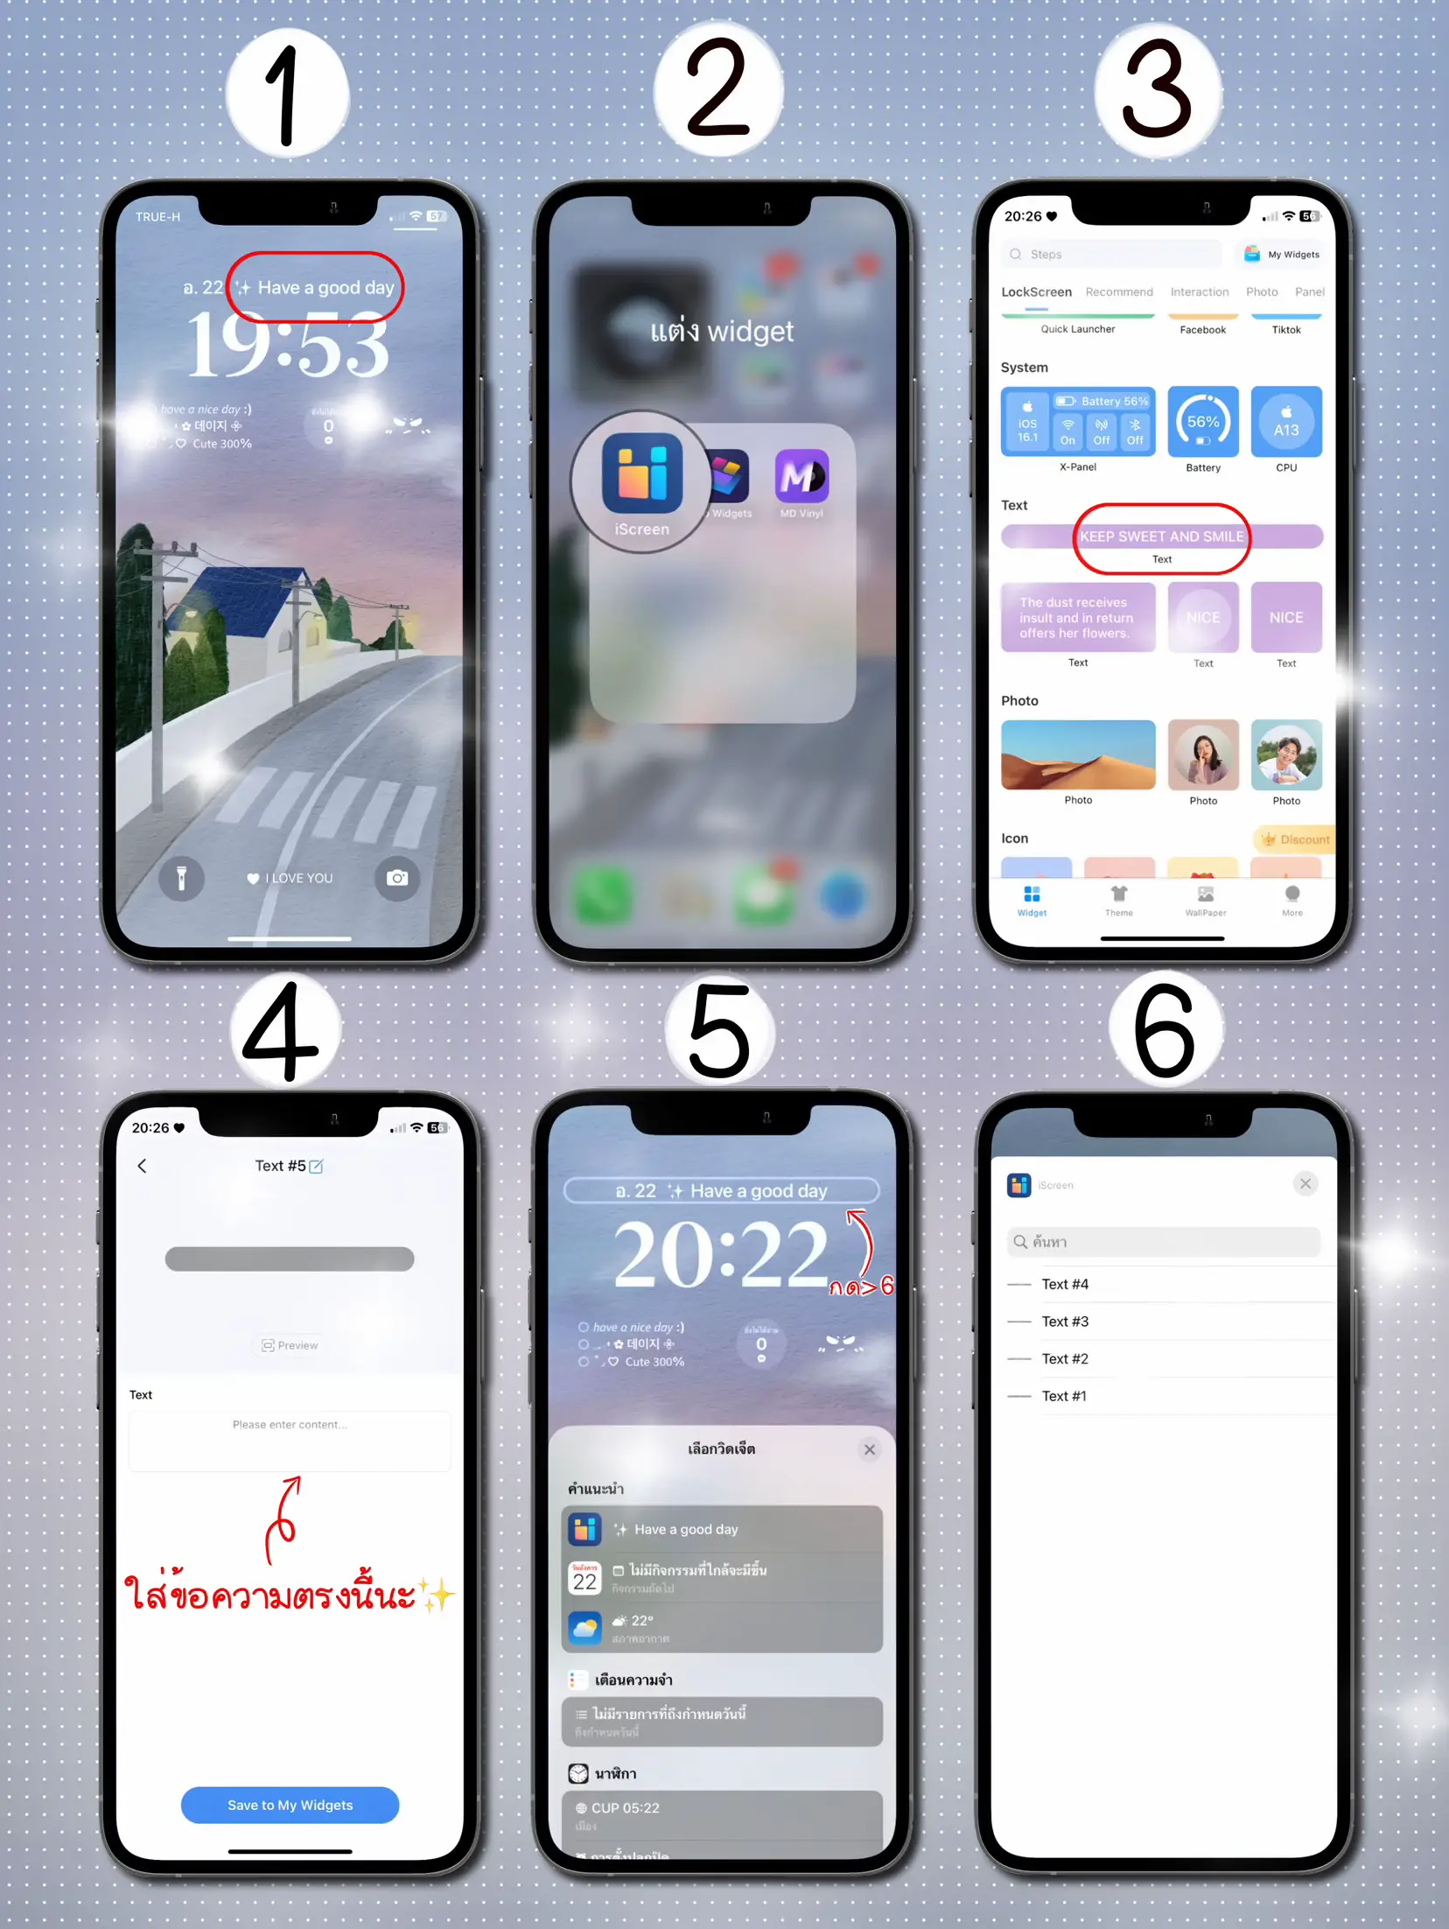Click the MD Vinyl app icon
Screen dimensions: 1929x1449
click(801, 477)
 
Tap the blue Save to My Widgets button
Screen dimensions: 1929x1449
click(290, 1805)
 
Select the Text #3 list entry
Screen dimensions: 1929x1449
click(1065, 1322)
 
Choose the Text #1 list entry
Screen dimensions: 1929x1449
click(1064, 1396)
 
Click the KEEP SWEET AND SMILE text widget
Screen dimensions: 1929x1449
click(1161, 537)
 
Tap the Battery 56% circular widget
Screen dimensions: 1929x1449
click(1203, 423)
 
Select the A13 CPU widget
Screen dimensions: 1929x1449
click(1285, 423)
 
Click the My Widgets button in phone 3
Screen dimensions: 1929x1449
click(1282, 255)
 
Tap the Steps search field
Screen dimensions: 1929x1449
click(1111, 255)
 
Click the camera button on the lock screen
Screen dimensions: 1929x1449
click(397, 878)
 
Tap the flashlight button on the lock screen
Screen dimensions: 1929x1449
click(181, 878)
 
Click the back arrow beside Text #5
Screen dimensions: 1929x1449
click(143, 1166)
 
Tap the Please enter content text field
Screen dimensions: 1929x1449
click(290, 1440)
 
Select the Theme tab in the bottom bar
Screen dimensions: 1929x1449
click(1118, 899)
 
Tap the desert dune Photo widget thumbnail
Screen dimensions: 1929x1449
click(1077, 754)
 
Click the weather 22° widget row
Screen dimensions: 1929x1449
click(721, 1628)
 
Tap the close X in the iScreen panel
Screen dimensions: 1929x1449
click(1305, 1184)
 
